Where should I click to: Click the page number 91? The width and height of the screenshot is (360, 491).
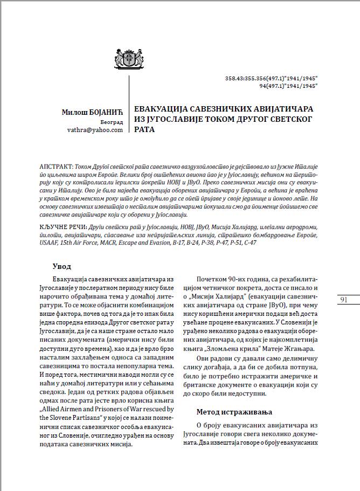point(344,300)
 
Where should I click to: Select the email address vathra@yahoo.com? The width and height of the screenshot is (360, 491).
point(95,130)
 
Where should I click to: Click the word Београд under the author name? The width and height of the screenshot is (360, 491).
point(113,121)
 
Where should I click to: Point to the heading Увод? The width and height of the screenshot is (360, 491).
point(61,266)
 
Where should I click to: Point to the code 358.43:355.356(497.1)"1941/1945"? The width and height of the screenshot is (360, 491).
point(271,79)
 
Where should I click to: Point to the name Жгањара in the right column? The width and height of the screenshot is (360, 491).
point(292,349)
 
